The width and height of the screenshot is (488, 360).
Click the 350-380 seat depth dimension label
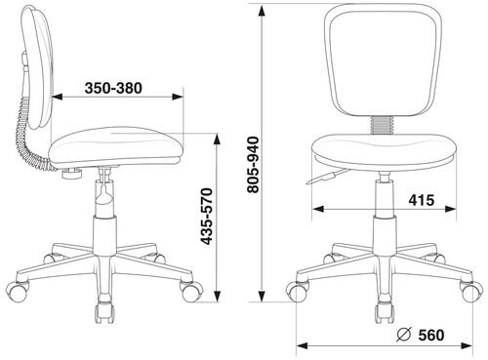113,88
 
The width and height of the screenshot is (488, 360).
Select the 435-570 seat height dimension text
206,217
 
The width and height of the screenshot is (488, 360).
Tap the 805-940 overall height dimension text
253,165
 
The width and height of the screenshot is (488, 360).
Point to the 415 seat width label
422,200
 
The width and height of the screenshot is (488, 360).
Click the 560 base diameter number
431,336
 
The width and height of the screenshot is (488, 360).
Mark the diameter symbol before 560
404,336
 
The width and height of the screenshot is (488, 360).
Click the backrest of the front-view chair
383,60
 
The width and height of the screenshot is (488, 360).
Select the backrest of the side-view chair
36,66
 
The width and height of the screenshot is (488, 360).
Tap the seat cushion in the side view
116,145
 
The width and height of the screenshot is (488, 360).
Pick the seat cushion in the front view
384,152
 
